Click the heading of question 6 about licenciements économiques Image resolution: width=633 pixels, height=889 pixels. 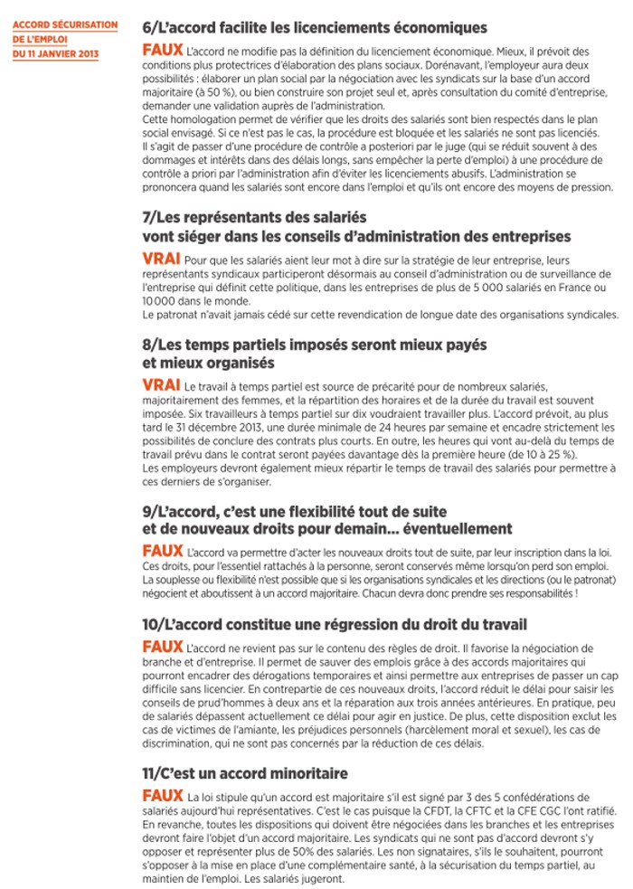point(315,28)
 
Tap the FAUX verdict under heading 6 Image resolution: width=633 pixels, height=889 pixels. point(162,51)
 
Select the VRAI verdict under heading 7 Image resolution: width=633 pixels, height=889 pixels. point(160,260)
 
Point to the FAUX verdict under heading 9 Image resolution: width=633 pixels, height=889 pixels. point(162,550)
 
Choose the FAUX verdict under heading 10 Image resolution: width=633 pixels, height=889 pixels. point(162,648)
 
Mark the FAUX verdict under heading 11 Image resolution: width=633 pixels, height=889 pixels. point(162,796)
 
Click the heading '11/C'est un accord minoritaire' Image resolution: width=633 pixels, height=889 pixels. point(245,774)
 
